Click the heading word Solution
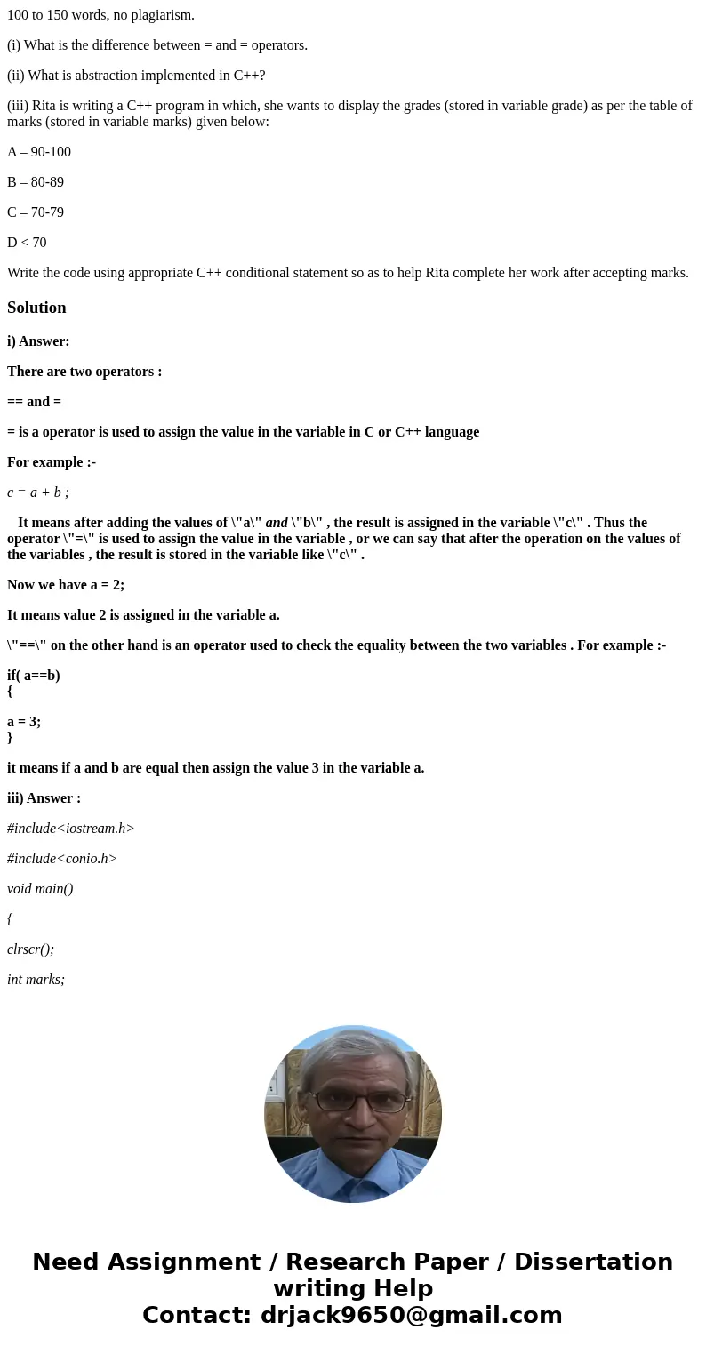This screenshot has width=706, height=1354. (36, 308)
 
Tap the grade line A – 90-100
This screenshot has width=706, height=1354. (39, 152)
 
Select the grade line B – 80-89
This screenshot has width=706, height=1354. (36, 182)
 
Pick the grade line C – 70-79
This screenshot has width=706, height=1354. (36, 212)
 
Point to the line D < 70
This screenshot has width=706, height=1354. (27, 243)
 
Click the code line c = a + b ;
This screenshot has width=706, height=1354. (38, 493)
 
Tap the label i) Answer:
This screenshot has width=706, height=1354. (38, 341)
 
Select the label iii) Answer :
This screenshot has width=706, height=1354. (44, 798)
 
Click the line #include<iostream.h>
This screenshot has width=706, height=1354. (71, 829)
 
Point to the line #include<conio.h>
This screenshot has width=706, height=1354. (62, 859)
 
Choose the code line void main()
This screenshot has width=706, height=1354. (40, 889)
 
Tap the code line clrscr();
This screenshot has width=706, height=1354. (30, 949)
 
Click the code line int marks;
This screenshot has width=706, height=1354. (36, 980)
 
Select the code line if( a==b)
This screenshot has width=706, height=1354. (34, 676)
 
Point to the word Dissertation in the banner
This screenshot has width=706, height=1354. (593, 1262)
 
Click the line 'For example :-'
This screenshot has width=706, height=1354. (52, 462)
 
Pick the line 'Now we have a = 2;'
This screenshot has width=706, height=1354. (66, 585)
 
